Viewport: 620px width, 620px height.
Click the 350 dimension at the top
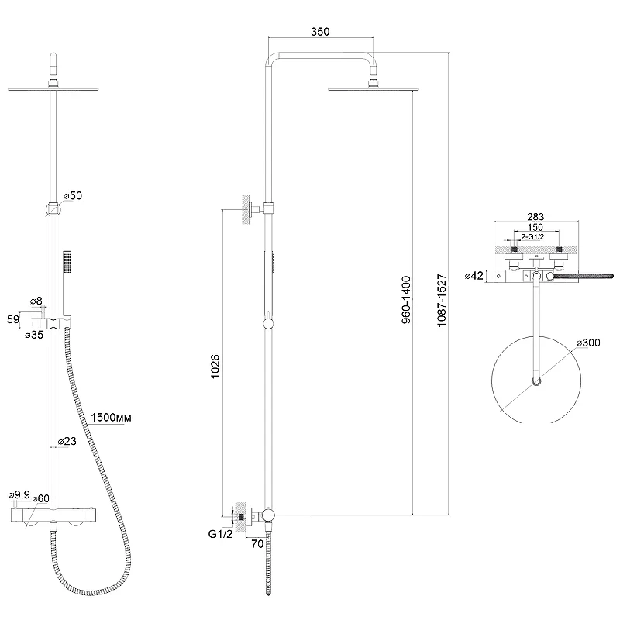click(320, 32)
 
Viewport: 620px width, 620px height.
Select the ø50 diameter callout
click(73, 195)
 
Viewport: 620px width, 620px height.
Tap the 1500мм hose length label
click(111, 418)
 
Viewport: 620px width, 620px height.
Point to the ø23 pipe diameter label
click(67, 441)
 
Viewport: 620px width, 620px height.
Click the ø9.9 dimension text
click(19, 494)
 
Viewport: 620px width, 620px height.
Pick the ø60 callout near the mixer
click(41, 498)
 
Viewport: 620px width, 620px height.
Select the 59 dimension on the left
click(13, 319)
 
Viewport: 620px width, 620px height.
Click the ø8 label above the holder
click(36, 301)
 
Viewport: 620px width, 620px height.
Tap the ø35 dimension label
click(34, 335)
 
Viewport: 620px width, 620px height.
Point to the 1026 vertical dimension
click(215, 367)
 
